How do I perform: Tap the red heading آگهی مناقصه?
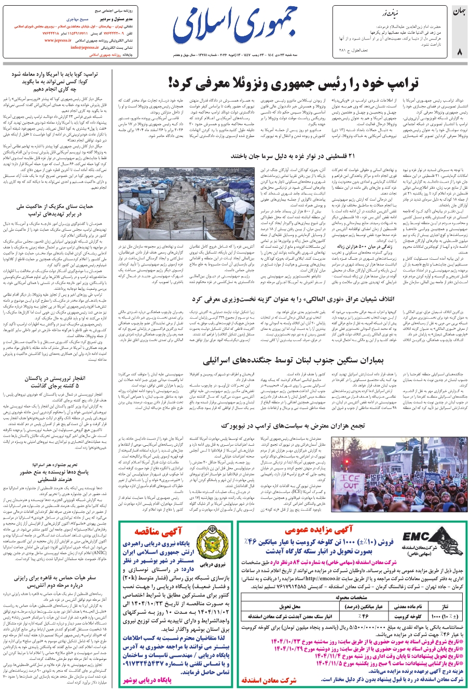pyautogui.click(x=157, y=532)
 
